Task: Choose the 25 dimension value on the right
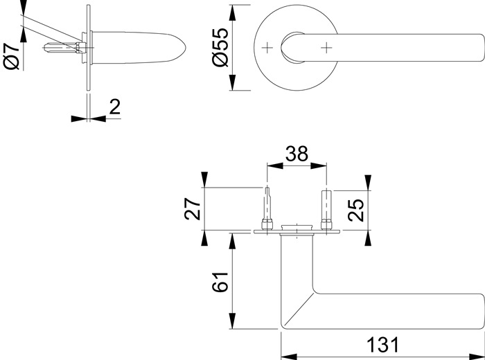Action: tap(355, 210)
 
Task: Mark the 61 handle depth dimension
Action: tap(219, 282)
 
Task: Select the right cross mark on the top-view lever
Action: tap(326, 47)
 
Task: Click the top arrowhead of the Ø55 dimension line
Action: tap(233, 9)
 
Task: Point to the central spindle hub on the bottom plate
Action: tap(297, 227)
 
